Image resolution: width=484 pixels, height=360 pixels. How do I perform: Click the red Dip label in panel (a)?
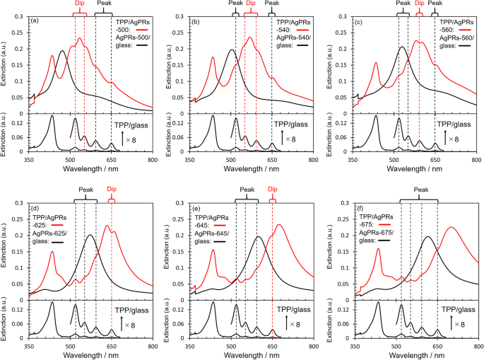(80, 4)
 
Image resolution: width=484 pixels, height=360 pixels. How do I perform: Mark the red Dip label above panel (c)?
(420, 4)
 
